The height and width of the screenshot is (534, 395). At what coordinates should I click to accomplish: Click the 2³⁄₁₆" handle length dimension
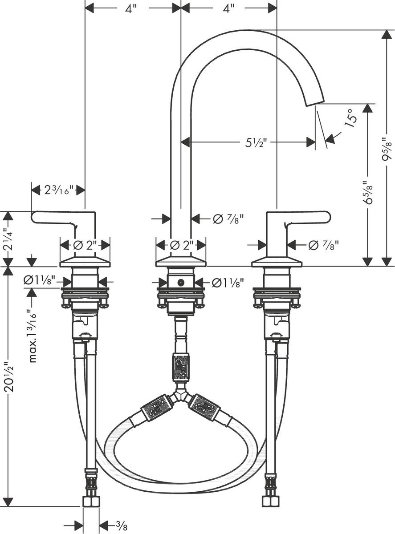tap(58, 190)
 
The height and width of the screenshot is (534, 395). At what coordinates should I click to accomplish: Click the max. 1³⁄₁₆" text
tap(32, 336)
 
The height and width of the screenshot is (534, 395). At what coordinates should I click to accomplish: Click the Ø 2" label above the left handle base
tap(85, 245)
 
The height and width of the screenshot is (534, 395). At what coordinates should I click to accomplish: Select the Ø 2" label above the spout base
tap(180, 245)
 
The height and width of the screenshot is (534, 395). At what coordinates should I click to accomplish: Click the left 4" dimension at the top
tap(130, 8)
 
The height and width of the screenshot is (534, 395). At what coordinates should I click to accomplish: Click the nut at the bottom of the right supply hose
tap(270, 501)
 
